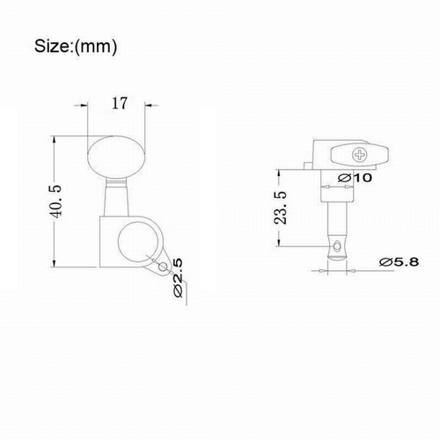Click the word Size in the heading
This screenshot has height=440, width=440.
point(54,43)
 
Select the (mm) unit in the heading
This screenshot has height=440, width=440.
point(99,43)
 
